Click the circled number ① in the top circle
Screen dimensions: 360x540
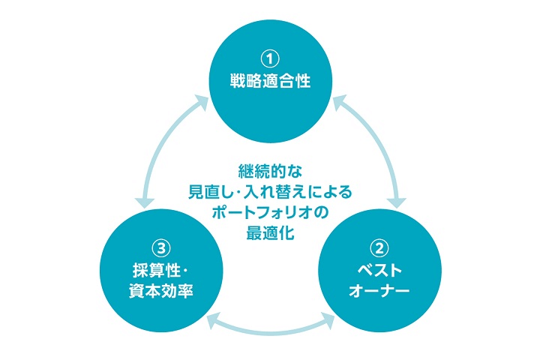(x=269, y=58)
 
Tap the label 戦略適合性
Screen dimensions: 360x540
(x=270, y=81)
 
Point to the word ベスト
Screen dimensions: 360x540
(x=379, y=269)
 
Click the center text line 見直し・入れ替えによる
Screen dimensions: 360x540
(x=269, y=190)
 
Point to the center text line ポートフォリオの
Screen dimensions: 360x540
(x=269, y=211)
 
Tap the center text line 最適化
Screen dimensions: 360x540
(x=269, y=232)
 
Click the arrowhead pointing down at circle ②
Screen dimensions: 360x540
(x=397, y=200)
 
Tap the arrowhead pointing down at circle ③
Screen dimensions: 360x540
(x=142, y=200)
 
